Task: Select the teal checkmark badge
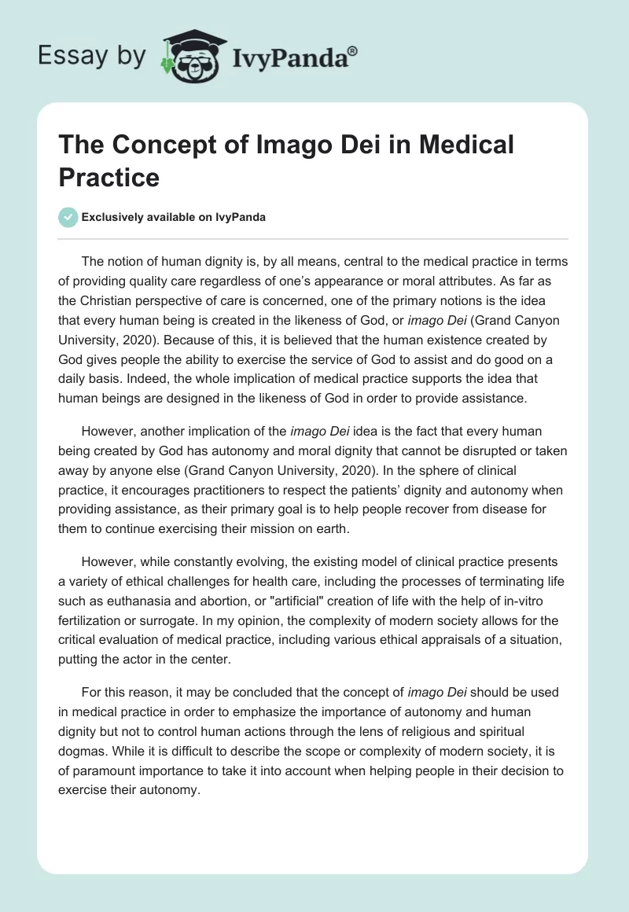(69, 217)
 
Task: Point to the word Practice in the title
(109, 177)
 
